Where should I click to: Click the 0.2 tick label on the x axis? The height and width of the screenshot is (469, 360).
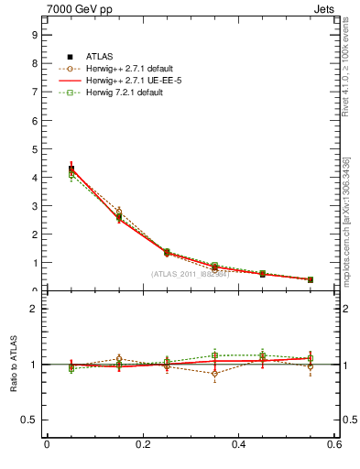coord(142,446)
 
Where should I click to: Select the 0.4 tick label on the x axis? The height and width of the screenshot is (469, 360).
coord(238,446)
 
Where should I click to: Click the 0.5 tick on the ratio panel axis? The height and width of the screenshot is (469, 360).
coord(29,420)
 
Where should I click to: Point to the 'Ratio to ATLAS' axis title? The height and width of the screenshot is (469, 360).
coord(13,365)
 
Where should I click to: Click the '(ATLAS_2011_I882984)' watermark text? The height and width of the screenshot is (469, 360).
coord(190,274)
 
